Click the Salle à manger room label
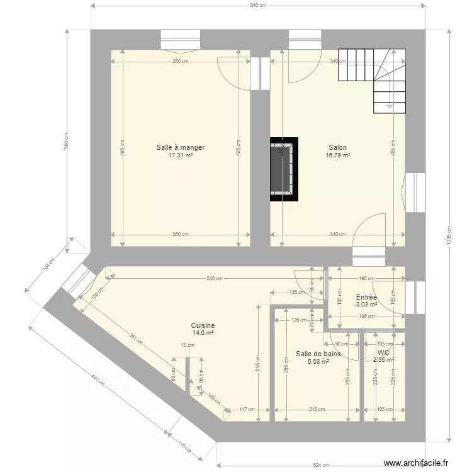click(x=181, y=147)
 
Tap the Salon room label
click(x=337, y=147)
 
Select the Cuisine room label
click(x=203, y=325)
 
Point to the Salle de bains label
click(x=318, y=354)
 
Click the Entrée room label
click(x=366, y=297)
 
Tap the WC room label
click(x=383, y=352)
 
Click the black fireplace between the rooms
click(x=284, y=169)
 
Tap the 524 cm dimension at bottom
click(x=321, y=466)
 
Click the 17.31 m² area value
click(x=181, y=155)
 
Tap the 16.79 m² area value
click(x=338, y=155)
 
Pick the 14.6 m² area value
click(x=203, y=333)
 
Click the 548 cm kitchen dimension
click(x=215, y=278)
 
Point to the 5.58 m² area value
click(x=318, y=362)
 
